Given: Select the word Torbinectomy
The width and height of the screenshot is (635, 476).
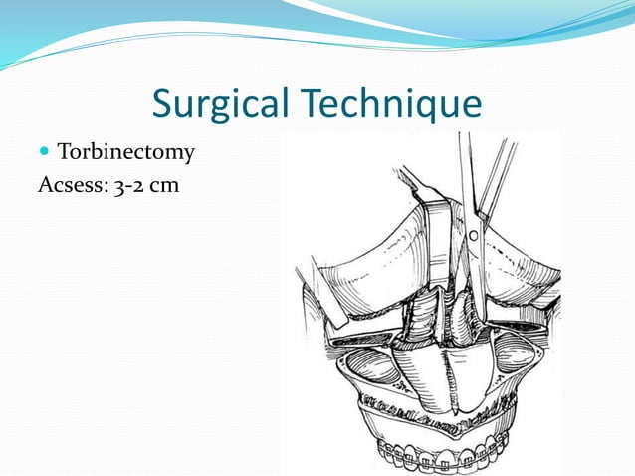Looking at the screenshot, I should coord(125,153).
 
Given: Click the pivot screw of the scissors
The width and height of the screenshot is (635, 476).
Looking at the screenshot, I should coord(474,236).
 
